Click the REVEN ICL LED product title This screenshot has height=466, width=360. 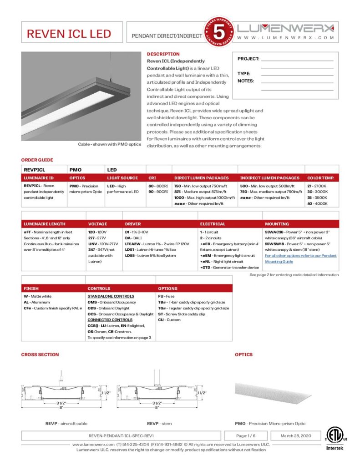coord(69,34)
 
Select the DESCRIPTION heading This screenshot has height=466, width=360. coord(163,54)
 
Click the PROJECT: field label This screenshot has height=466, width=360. coord(248,59)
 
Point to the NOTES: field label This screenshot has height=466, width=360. coord(246,81)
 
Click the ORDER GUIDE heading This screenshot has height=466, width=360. coord(37,160)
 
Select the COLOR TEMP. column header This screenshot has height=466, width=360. coord(320,178)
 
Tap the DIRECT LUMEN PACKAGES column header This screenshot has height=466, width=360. coord(201,178)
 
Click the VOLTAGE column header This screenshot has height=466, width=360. coord(97,224)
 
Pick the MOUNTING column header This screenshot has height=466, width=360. coord(277,224)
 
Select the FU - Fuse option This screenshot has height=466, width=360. coord(167,296)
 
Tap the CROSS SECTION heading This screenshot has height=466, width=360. coord(40,355)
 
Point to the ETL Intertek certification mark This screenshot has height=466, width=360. coord(335,439)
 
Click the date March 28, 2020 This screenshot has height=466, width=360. coord(295,436)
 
